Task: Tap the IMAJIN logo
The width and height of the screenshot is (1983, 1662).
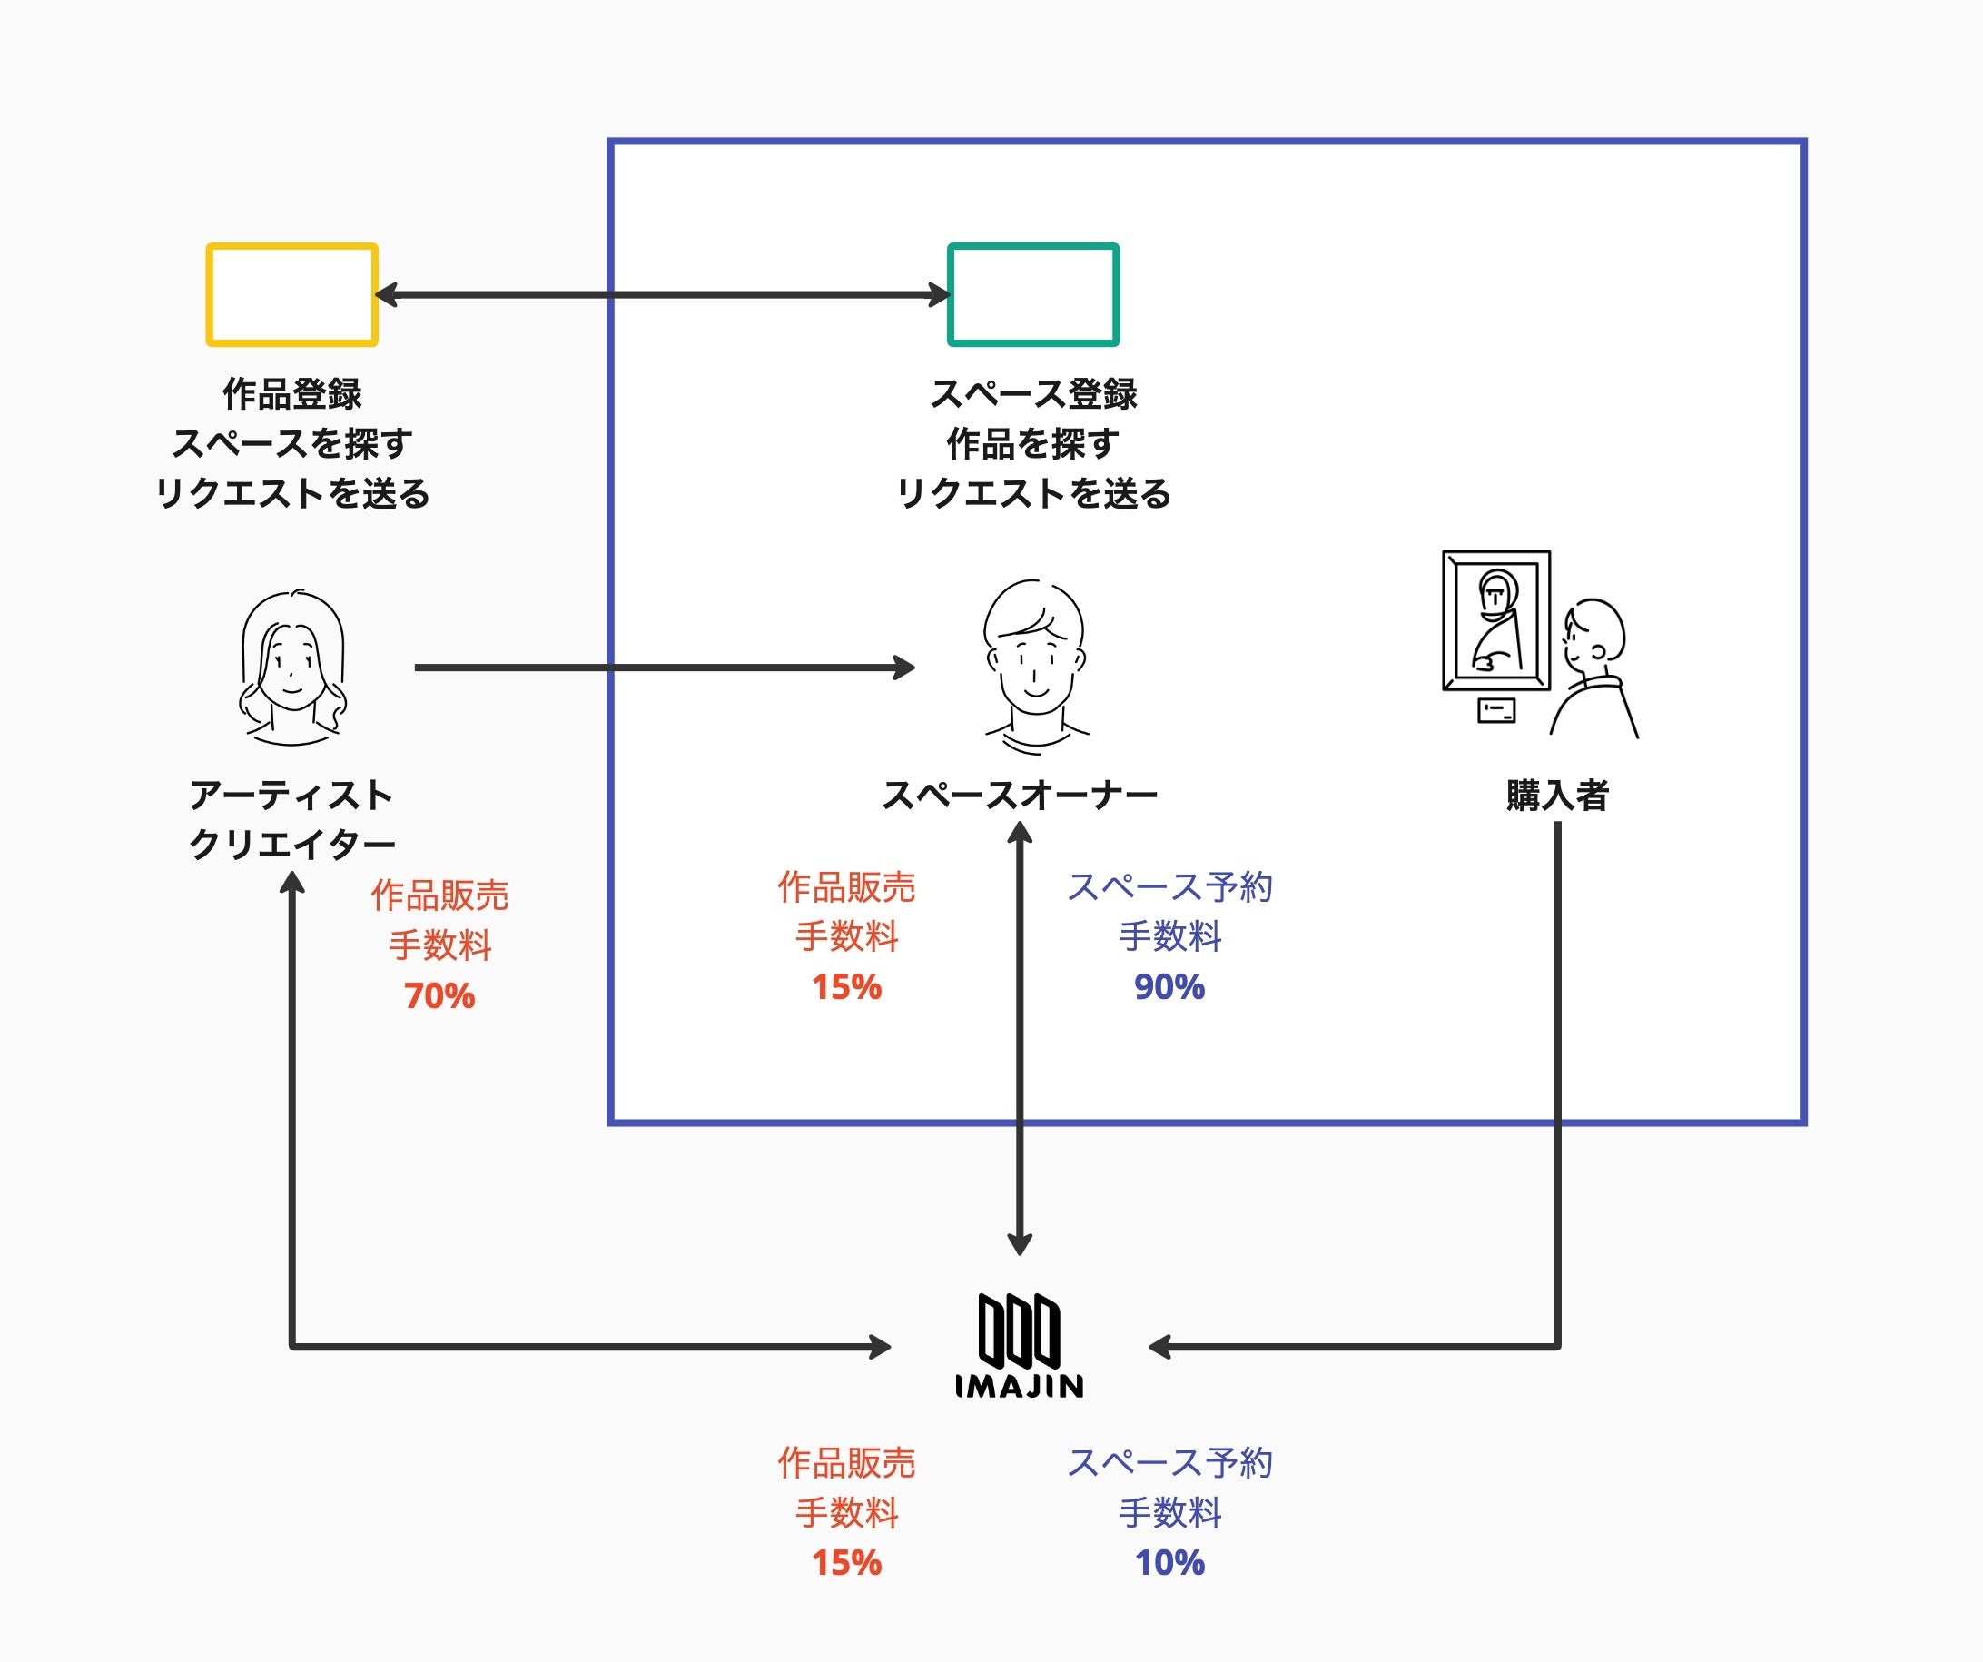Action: pos(1019,1345)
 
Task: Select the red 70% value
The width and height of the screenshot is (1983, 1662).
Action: pos(439,996)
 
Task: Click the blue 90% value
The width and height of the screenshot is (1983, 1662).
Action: pos(1169,987)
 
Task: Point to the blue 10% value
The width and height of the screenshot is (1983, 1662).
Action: pos(1169,1563)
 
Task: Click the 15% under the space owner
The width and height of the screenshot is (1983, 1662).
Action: pos(846,987)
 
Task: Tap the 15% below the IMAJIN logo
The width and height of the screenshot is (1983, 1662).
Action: pos(846,1563)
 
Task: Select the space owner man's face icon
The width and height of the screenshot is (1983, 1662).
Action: pos(1035,667)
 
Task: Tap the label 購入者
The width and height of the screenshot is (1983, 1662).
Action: pos(1557,795)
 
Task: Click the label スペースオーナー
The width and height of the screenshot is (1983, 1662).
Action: pos(1020,795)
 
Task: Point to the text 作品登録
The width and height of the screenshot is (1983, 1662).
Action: pos(291,394)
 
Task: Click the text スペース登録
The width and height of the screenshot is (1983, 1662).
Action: pos(1034,394)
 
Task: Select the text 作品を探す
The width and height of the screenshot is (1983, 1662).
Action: pos(1033,444)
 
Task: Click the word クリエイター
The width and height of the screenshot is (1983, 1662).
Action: pos(291,845)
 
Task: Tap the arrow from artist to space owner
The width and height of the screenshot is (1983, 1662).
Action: pos(665,668)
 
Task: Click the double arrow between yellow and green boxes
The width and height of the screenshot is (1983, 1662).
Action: pos(663,294)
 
